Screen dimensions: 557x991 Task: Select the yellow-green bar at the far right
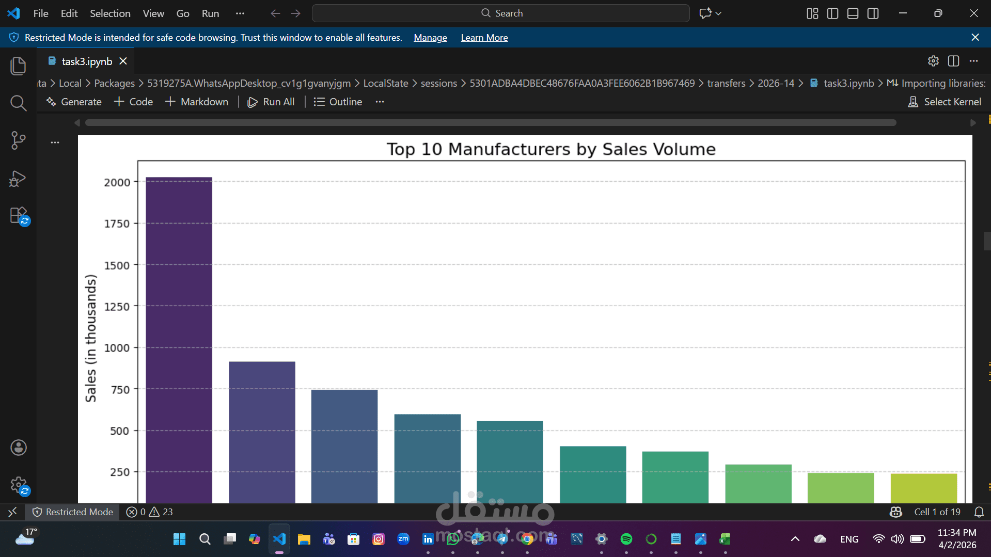coord(923,488)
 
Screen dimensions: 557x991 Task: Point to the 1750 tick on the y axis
coord(117,224)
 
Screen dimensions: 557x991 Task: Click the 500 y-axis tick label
coord(119,431)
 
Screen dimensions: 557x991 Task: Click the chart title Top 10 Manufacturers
coord(550,149)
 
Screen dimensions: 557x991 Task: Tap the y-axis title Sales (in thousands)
coord(91,338)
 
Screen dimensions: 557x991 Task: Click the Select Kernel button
coord(945,102)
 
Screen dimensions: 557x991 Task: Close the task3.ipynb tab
coord(123,61)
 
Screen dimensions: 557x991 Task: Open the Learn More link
coord(484,38)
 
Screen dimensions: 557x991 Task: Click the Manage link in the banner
coord(430,38)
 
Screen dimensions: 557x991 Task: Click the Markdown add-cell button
coord(197,102)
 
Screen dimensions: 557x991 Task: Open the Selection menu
coord(110,13)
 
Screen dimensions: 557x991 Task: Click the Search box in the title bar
coord(500,13)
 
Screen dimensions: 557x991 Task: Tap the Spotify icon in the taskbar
coord(626,539)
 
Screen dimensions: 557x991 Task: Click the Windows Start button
coord(179,539)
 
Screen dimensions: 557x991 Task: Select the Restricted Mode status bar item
coord(73,512)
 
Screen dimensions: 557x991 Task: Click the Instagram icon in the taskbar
coord(379,539)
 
